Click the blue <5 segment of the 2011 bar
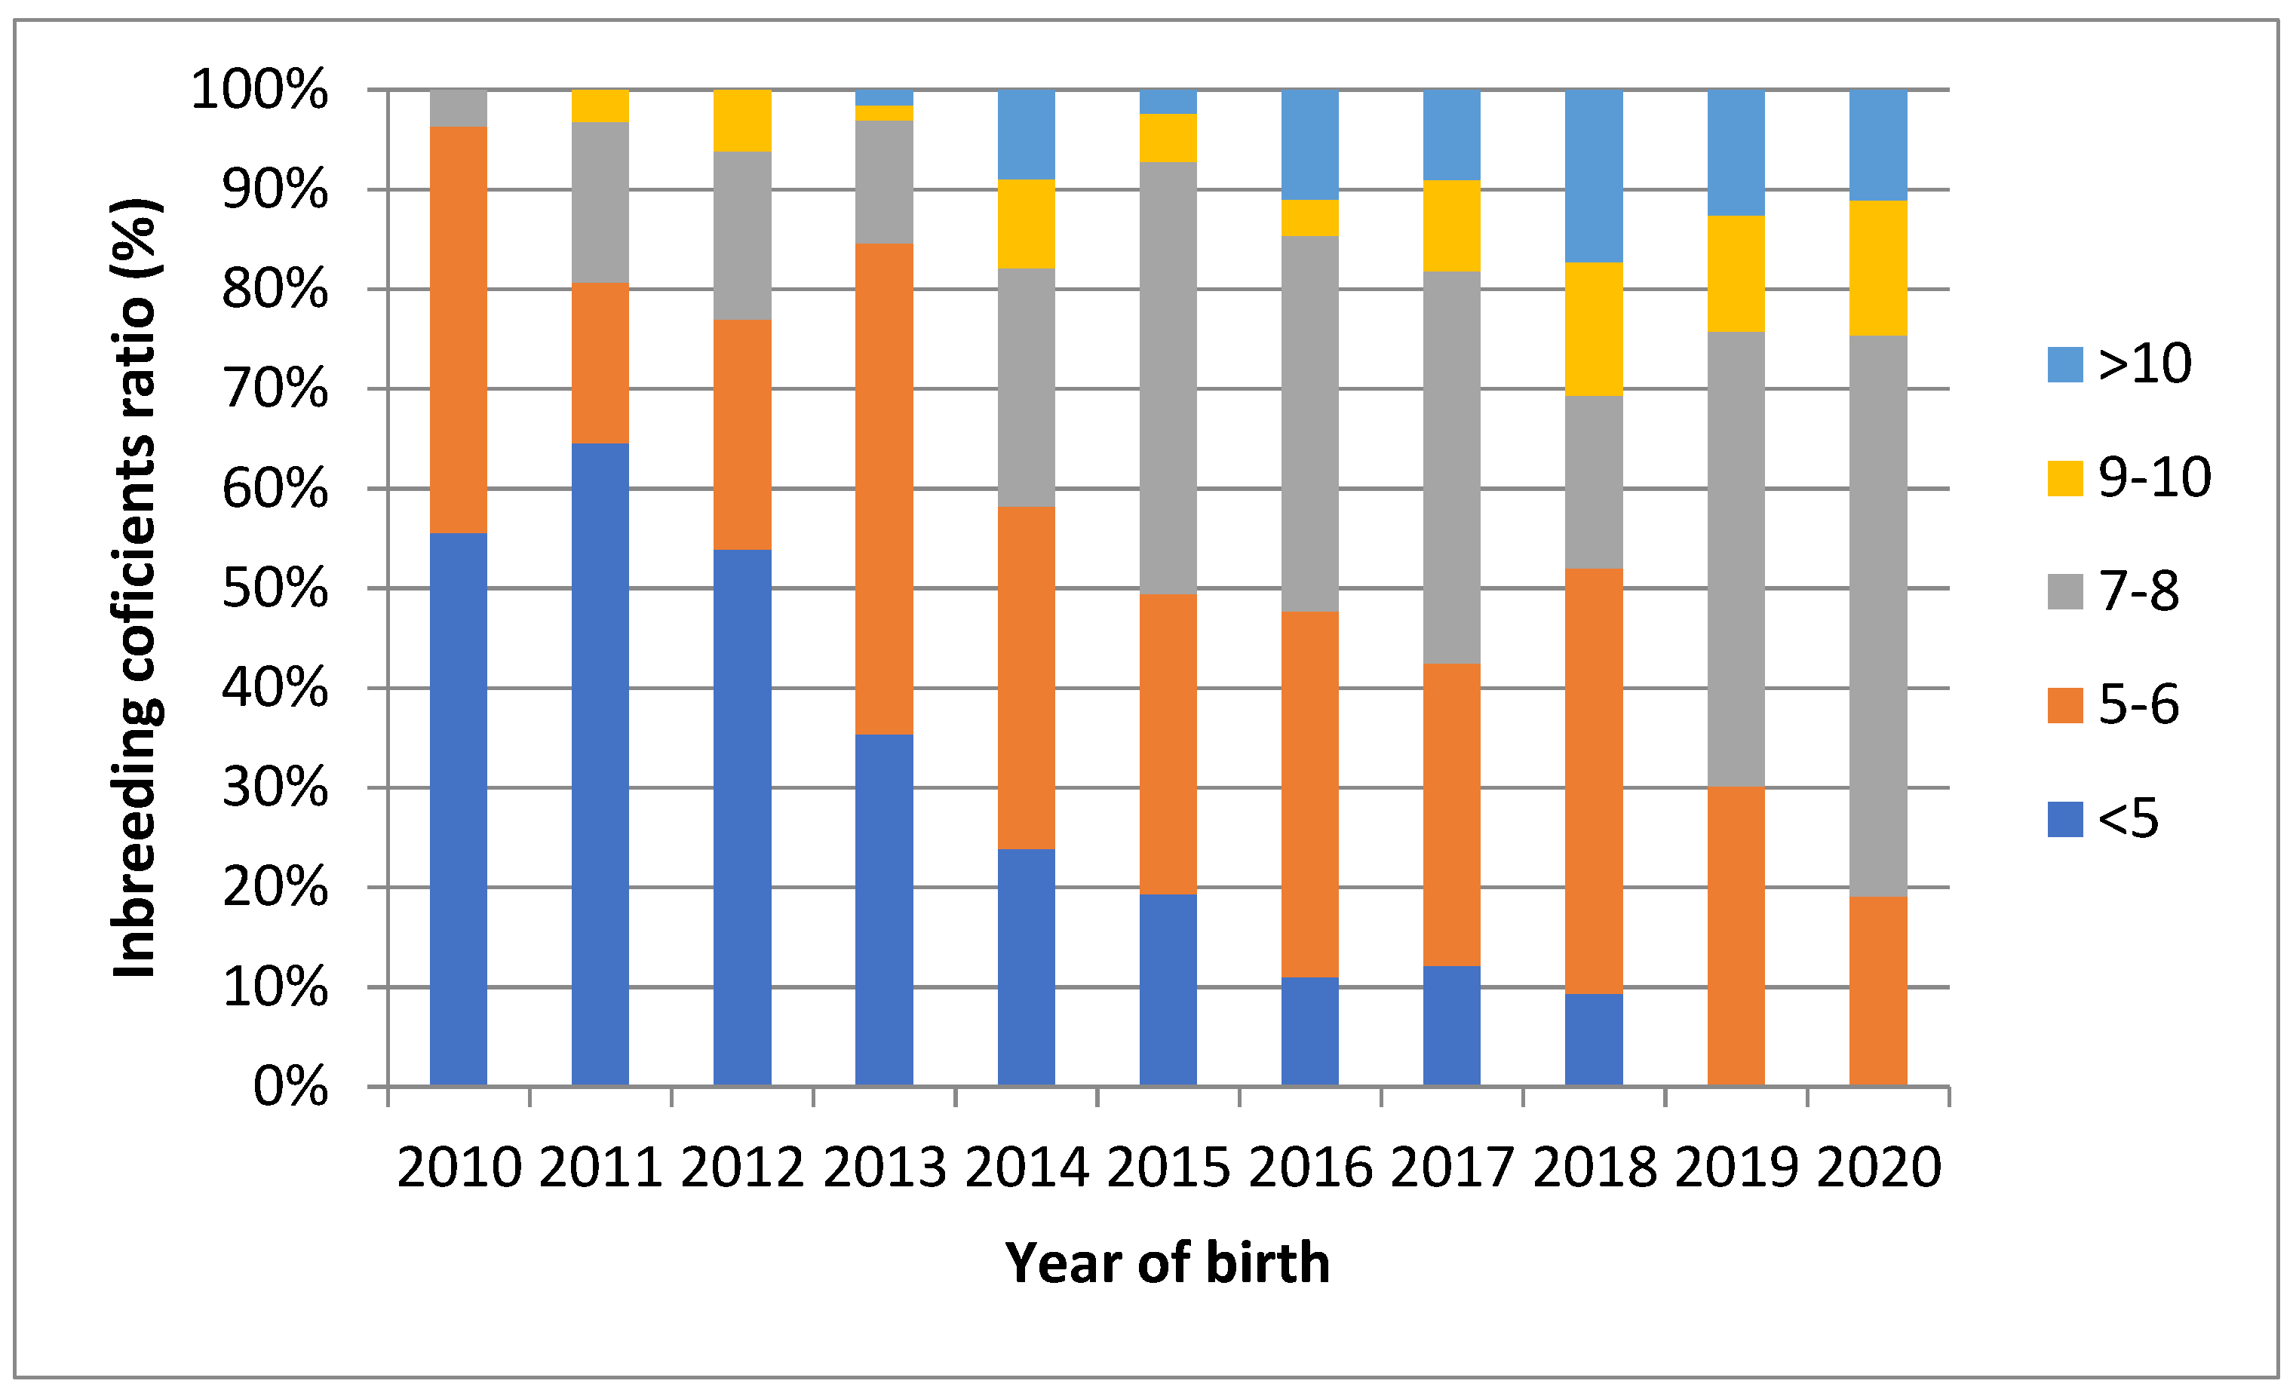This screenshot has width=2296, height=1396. coord(600,764)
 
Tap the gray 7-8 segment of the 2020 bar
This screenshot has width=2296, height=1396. coord(1877,615)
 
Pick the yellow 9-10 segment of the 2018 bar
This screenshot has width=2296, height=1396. coord(1594,329)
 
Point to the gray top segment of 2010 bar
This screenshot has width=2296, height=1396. coord(459,108)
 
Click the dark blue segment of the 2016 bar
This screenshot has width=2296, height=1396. coord(1309,1031)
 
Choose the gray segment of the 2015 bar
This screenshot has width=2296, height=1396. coord(1168,377)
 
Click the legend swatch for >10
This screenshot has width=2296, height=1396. coord(2065,364)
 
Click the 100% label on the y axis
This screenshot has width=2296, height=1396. coord(260,91)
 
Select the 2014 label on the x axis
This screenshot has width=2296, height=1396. coord(1026,1167)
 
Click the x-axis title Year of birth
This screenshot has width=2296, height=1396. coord(1167,1264)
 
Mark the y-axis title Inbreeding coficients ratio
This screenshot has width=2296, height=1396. coord(135,587)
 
